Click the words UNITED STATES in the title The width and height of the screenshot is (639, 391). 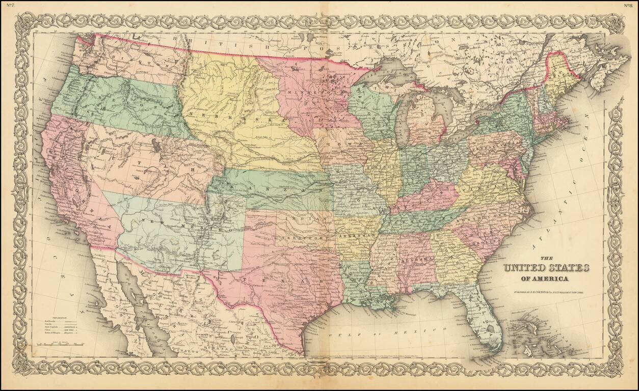546,268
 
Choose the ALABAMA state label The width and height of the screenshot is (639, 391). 417,259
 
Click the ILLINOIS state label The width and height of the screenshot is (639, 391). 388,166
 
